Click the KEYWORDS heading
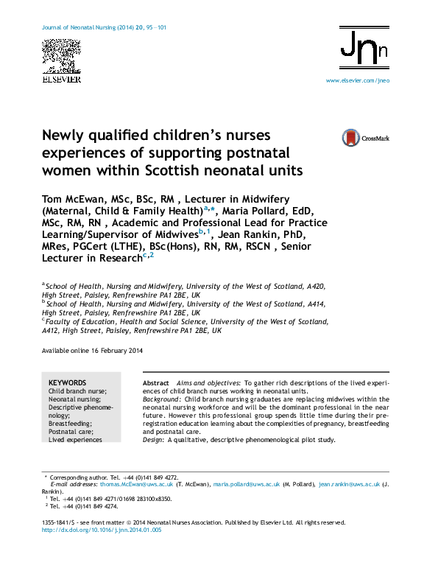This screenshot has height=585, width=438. (67, 383)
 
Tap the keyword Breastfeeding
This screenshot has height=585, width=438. (71, 424)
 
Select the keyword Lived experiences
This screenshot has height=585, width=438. (75, 440)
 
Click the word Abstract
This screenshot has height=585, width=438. (156, 384)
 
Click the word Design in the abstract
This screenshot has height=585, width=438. (152, 440)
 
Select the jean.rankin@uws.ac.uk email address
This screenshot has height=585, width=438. (349, 485)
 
